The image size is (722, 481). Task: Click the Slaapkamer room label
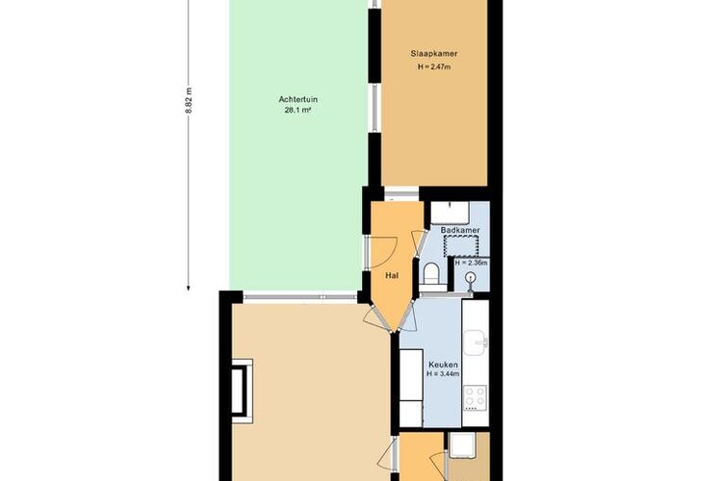coord(434,54)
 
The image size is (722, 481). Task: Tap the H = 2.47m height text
coord(434,66)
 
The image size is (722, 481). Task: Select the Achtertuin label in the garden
coord(297,99)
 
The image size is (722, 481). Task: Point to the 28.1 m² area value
coord(297,110)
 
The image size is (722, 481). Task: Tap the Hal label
coord(392,276)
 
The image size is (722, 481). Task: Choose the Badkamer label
coord(460,230)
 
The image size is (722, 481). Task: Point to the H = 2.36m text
coord(471,264)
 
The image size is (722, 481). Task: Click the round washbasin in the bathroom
coord(470,278)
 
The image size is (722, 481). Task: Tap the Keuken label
coord(443,365)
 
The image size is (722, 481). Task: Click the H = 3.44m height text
coord(443,374)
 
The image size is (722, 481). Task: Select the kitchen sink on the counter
coord(477,342)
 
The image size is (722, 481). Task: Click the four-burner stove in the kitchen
coord(476,398)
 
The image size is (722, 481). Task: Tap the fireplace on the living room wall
coord(242,391)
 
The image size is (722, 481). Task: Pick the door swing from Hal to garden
coord(382,252)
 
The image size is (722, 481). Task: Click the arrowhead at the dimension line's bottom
coord(188,289)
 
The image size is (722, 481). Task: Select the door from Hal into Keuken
coord(408,314)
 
